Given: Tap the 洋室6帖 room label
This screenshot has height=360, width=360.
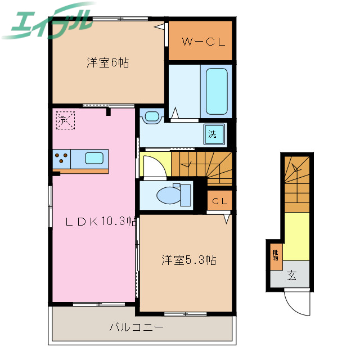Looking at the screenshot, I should click(107, 63).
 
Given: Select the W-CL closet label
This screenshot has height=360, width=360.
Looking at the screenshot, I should click(200, 40).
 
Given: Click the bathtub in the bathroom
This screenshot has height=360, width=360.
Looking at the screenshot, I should click(217, 91).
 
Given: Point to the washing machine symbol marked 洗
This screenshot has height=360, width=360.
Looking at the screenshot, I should click(213, 134).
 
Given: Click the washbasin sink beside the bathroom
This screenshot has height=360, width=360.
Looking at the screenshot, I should click(151, 117).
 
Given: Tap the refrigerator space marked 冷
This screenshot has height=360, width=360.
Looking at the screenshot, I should click(64, 120).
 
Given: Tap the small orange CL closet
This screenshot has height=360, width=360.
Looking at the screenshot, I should click(219, 201).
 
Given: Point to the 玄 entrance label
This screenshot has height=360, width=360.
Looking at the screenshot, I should click(292, 276).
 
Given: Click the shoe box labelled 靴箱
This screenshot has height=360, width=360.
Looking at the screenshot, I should click(276, 256).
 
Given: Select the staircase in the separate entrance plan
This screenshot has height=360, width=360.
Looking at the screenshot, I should click(296, 182).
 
